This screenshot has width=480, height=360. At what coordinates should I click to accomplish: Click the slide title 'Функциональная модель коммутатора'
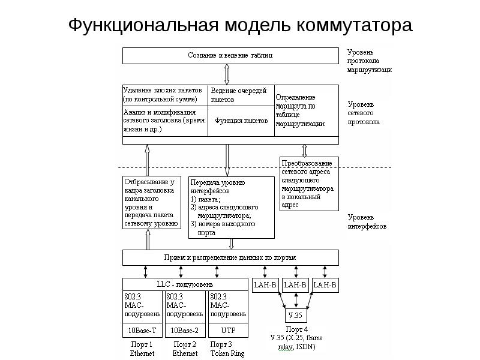pos(239,26)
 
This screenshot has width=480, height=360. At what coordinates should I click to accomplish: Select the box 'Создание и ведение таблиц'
pos(230,56)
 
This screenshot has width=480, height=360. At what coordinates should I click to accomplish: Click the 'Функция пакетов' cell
pos(241,121)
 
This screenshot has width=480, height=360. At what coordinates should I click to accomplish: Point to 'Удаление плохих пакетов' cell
pos(164,95)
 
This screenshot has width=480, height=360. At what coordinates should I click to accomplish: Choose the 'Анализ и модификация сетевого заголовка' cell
pos(164,120)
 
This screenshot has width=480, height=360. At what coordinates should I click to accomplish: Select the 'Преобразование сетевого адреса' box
pos(309,183)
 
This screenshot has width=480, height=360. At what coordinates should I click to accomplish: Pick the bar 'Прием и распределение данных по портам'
pos(230,257)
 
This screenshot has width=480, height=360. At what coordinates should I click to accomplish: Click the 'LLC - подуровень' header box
pos(185,284)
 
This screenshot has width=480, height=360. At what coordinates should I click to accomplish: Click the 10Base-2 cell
pos(185,331)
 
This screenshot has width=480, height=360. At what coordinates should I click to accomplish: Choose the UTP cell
pos(227,331)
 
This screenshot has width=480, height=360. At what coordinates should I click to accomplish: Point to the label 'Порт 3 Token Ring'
pos(227,349)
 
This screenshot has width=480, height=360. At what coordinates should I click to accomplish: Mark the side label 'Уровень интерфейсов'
pos(367,221)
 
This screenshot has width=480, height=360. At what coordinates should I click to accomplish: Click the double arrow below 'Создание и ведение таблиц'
pos(226,74)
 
